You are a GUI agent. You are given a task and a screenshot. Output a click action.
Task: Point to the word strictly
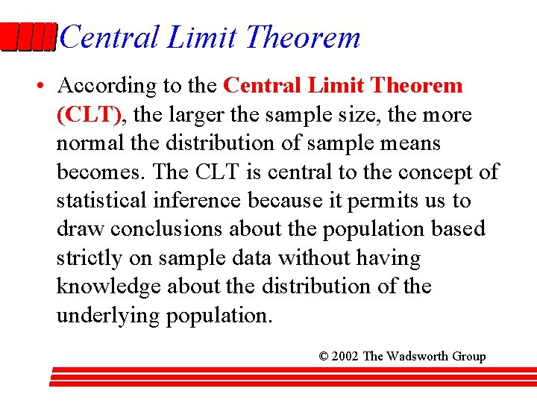[89, 258]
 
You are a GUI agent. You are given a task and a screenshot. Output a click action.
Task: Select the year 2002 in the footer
[345, 357]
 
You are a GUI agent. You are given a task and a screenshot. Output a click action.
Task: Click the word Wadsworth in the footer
[419, 357]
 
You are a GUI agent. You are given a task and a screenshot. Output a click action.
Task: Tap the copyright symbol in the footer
[324, 357]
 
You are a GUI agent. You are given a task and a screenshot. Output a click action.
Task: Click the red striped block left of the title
[28, 37]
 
